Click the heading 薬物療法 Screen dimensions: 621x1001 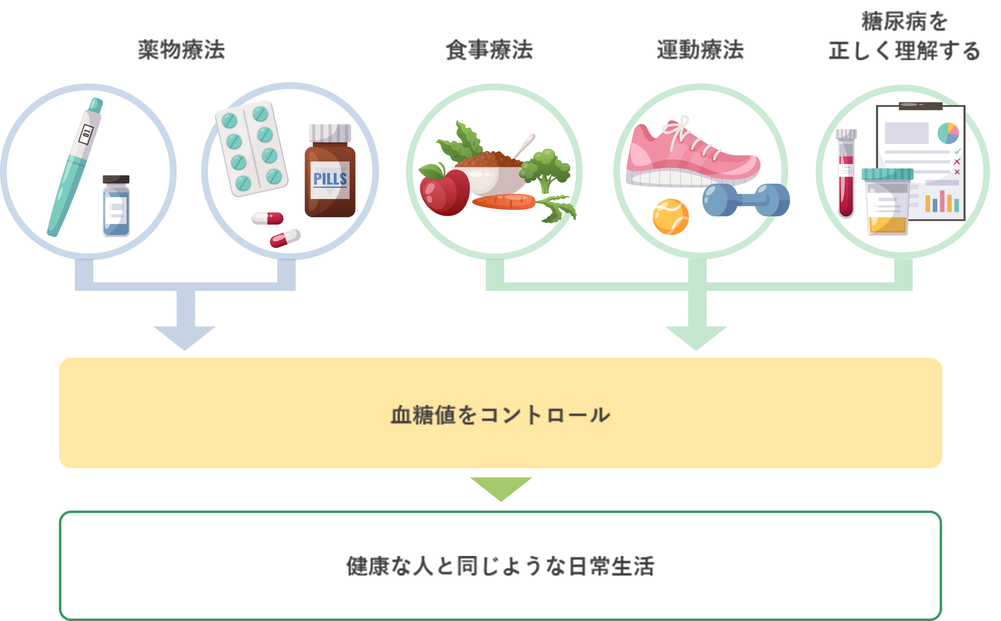(181, 50)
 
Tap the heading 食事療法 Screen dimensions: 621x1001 (489, 50)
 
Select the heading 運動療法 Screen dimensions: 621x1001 (700, 50)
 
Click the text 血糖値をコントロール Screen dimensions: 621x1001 (500, 415)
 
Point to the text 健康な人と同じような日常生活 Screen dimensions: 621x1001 (500, 566)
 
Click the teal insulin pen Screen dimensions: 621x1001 (74, 169)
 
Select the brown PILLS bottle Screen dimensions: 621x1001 (330, 181)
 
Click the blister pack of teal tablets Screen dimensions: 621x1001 (251, 148)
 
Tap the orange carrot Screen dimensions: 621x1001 (504, 201)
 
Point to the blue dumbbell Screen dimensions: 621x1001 (745, 200)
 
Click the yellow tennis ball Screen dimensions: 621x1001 (670, 217)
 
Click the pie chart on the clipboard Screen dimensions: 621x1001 (948, 133)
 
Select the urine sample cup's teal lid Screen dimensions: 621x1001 (887, 174)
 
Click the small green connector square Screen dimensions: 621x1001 (501, 490)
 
